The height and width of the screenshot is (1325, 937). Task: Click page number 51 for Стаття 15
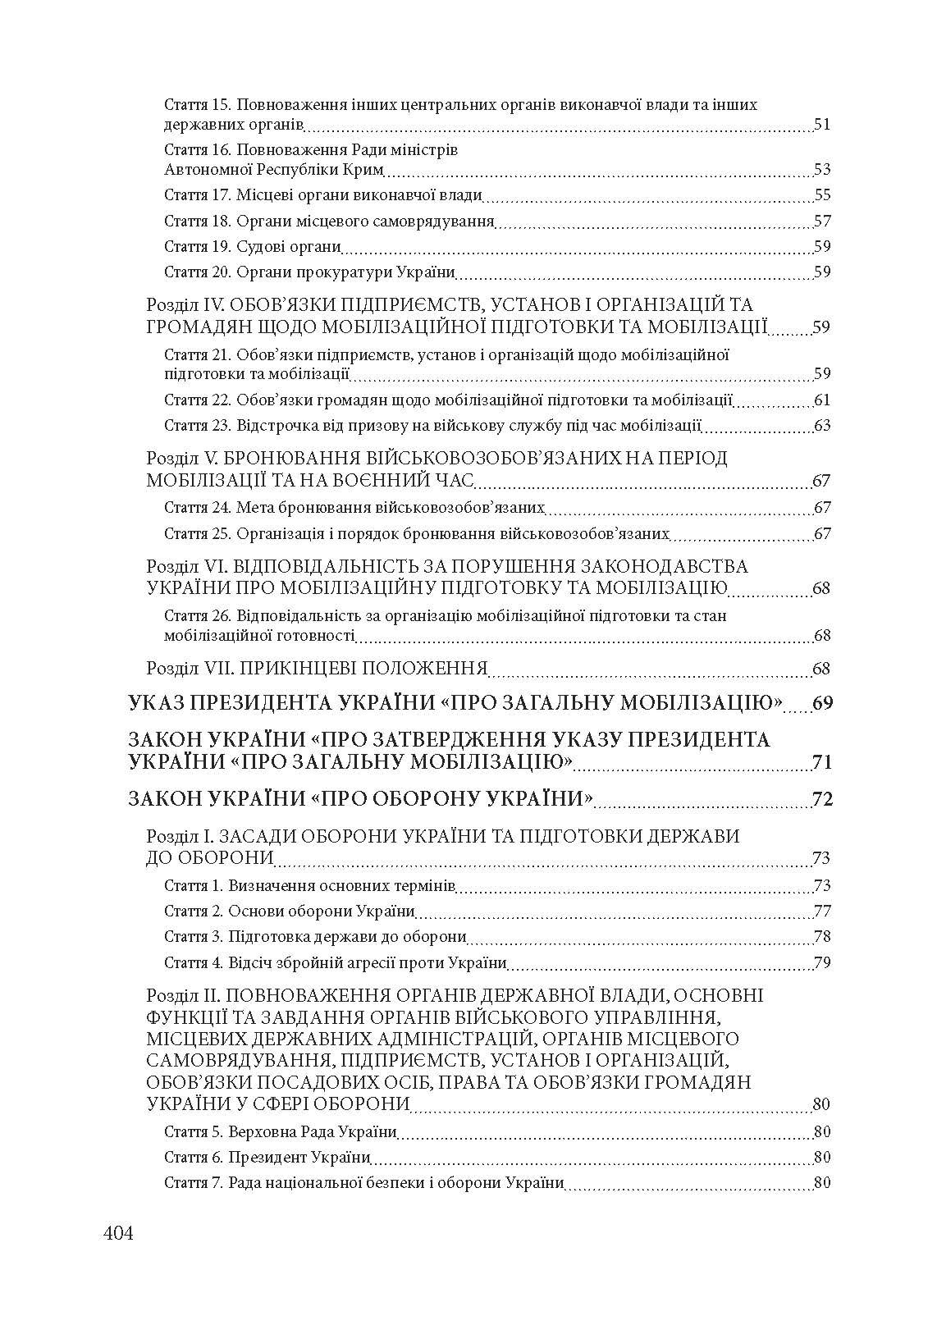pyautogui.click(x=822, y=126)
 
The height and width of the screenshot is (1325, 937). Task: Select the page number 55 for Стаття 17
pyautogui.click(x=822, y=195)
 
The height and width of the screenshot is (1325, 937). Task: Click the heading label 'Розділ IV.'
pyautogui.click(x=182, y=304)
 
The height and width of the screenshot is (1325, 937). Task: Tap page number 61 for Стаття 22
pyautogui.click(x=822, y=400)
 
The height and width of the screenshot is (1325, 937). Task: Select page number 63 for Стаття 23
pyautogui.click(x=822, y=426)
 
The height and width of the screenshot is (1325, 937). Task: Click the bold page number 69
pyautogui.click(x=822, y=704)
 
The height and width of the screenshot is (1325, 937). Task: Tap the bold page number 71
pyautogui.click(x=822, y=763)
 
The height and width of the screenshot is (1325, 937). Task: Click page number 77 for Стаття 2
pyautogui.click(x=822, y=912)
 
